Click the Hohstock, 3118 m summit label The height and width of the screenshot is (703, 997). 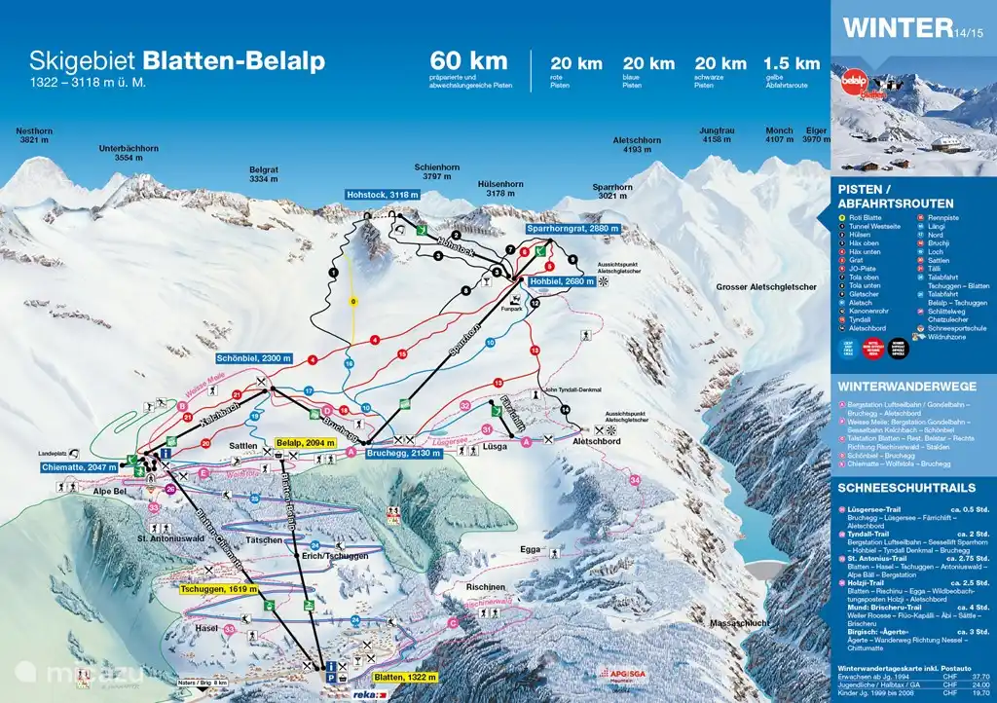click(x=384, y=196)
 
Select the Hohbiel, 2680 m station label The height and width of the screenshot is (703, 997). click(x=560, y=281)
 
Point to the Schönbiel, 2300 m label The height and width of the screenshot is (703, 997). click(x=255, y=358)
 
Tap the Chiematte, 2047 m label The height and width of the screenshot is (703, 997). click(x=86, y=467)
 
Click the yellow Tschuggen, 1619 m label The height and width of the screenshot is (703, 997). click(x=218, y=589)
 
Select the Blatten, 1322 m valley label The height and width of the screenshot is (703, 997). click(x=404, y=676)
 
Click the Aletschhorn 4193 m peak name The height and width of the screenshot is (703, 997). click(x=637, y=145)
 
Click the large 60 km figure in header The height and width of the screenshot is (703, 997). click(x=469, y=60)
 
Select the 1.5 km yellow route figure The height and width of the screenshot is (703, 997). click(x=793, y=63)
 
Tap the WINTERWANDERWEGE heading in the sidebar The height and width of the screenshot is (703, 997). click(x=893, y=387)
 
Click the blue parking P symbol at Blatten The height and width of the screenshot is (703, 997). click(x=331, y=677)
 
